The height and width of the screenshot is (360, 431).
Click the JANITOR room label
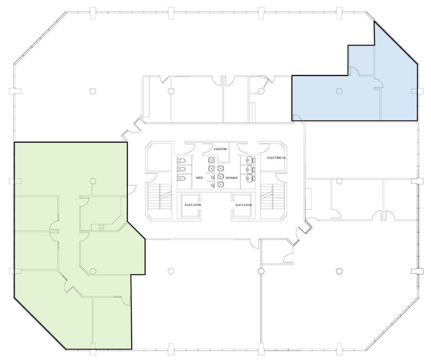point(220,149)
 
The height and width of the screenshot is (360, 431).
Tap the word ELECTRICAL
point(277,158)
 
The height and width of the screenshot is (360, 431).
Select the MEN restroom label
point(199,178)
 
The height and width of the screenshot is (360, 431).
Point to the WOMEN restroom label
point(232,178)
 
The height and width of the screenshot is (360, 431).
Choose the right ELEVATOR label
point(243,205)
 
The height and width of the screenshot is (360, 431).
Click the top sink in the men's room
point(212,159)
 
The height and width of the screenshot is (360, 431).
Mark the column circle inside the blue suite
point(338,91)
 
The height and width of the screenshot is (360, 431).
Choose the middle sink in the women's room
point(221,177)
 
